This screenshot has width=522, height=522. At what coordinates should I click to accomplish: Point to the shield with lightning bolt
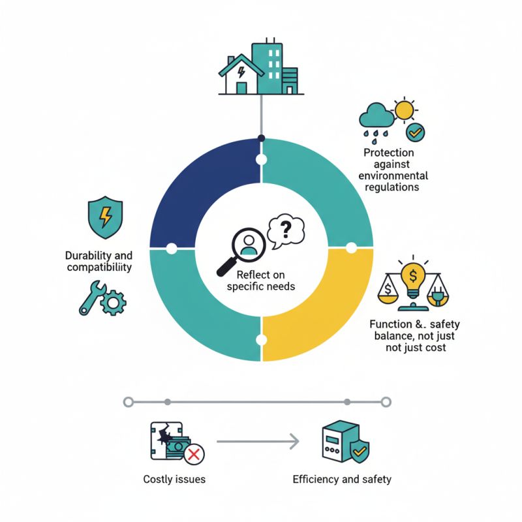pyautogui.click(x=105, y=217)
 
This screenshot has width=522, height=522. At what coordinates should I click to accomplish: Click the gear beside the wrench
pyautogui.click(x=113, y=303)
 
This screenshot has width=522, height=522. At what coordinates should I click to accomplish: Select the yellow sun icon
pyautogui.click(x=405, y=110)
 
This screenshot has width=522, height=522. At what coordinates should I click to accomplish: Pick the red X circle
pyautogui.click(x=194, y=454)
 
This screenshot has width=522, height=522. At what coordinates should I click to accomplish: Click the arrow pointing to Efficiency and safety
pyautogui.click(x=258, y=442)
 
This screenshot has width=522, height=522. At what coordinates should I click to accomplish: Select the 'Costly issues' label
pyautogui.click(x=174, y=480)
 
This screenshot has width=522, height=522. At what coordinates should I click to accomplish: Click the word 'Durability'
pyautogui.click(x=88, y=256)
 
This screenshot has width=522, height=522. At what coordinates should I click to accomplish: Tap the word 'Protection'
pyautogui.click(x=388, y=153)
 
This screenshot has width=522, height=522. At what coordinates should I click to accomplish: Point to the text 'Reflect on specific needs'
pyautogui.click(x=261, y=281)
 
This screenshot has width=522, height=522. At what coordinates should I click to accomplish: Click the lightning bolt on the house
pyautogui.click(x=241, y=72)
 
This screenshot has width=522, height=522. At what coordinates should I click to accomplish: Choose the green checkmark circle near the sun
pyautogui.click(x=415, y=132)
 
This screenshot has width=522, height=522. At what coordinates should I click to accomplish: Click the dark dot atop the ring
pyautogui.click(x=262, y=138)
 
